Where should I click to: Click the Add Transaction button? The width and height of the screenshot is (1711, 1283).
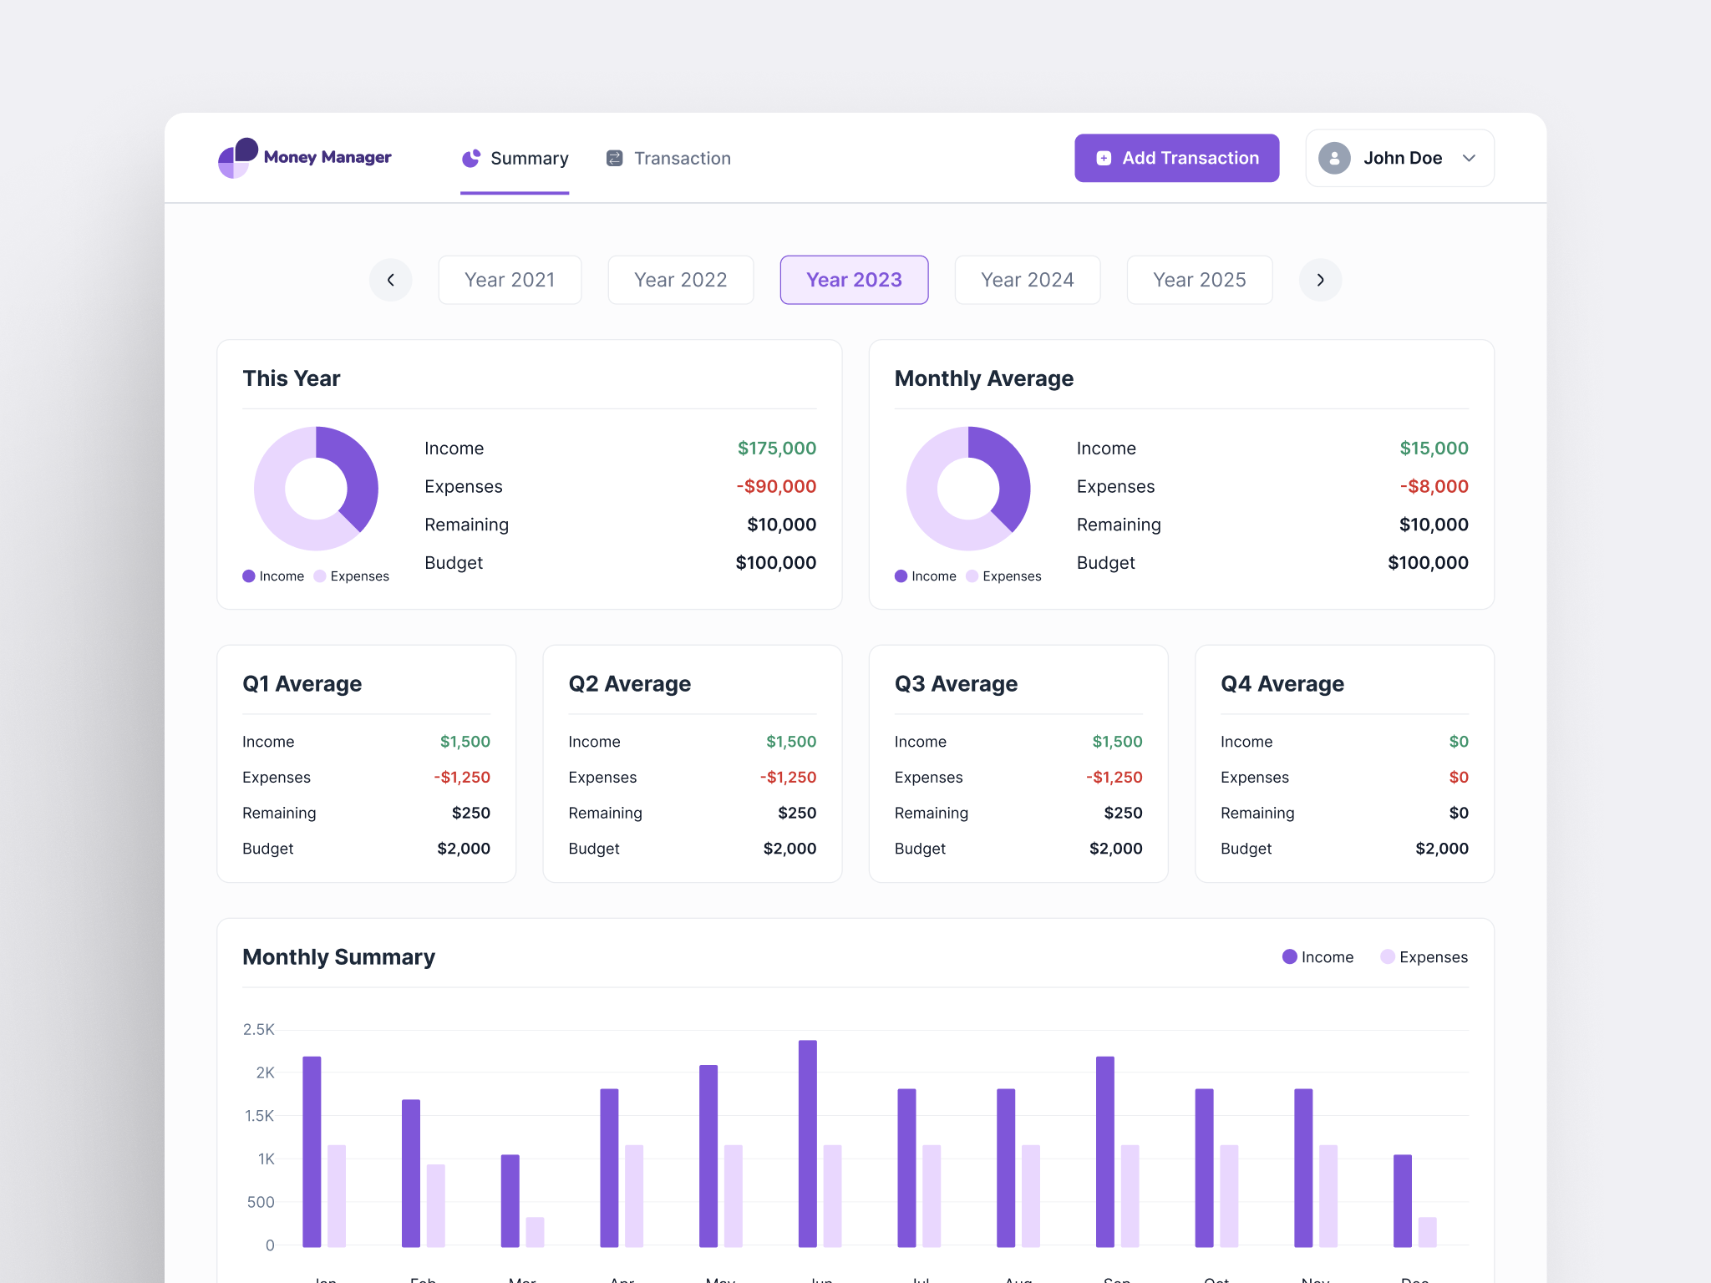point(1175,158)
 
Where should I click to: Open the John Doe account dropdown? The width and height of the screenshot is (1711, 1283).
point(1399,158)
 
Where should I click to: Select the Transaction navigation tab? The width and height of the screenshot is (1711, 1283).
point(668,158)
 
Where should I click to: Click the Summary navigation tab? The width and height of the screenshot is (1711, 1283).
point(515,158)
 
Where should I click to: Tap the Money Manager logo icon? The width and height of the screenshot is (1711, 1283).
point(237,157)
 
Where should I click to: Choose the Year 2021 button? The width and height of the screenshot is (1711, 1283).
point(510,280)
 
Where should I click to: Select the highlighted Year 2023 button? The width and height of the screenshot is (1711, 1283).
point(853,280)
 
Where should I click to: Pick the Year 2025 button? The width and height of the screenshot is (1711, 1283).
point(1199,280)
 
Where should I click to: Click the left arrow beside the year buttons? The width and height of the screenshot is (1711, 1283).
point(390,280)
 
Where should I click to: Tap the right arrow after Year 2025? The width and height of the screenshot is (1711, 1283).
point(1320,280)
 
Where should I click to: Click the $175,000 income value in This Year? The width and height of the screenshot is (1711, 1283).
point(776,449)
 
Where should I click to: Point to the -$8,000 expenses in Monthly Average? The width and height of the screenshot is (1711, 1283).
point(1434,486)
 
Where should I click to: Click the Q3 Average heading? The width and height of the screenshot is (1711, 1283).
point(956,683)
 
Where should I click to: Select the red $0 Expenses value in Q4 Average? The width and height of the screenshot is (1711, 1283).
point(1458,777)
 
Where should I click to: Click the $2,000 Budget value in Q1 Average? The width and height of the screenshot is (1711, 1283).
point(464,849)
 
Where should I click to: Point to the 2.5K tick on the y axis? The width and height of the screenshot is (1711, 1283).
point(258,1029)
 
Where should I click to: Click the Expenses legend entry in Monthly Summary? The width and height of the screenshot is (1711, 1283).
point(1424,957)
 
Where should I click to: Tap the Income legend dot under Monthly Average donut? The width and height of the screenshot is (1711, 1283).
point(901,576)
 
